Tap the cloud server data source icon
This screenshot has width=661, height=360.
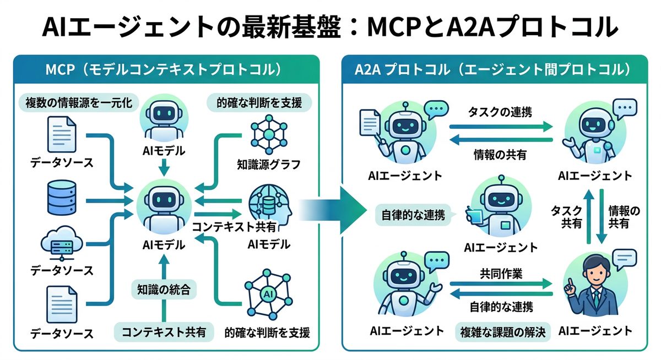62,244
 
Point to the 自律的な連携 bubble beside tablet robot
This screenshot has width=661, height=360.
412,214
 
